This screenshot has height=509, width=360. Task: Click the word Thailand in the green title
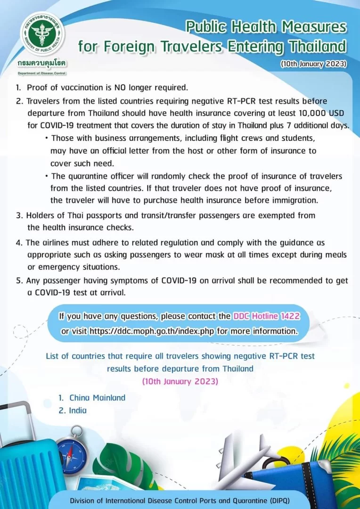pos(315,47)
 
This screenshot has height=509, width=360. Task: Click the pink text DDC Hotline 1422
pos(266,316)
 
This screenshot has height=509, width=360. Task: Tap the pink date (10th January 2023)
pos(180,381)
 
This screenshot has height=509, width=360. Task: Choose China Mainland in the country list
pos(97,397)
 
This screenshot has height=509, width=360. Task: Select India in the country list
pos(78,410)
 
